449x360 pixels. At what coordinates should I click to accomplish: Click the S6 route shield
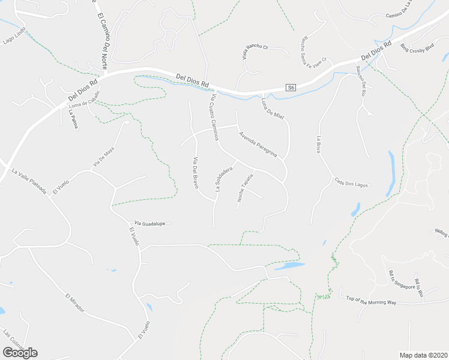coord(291,88)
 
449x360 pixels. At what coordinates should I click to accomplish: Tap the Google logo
coord(20,352)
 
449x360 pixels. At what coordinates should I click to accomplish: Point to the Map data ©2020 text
coord(423,355)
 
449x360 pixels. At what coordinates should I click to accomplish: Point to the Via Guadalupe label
coord(149,223)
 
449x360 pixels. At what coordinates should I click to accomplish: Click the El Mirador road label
coord(74,304)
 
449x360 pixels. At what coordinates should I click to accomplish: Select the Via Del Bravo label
coord(195,173)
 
